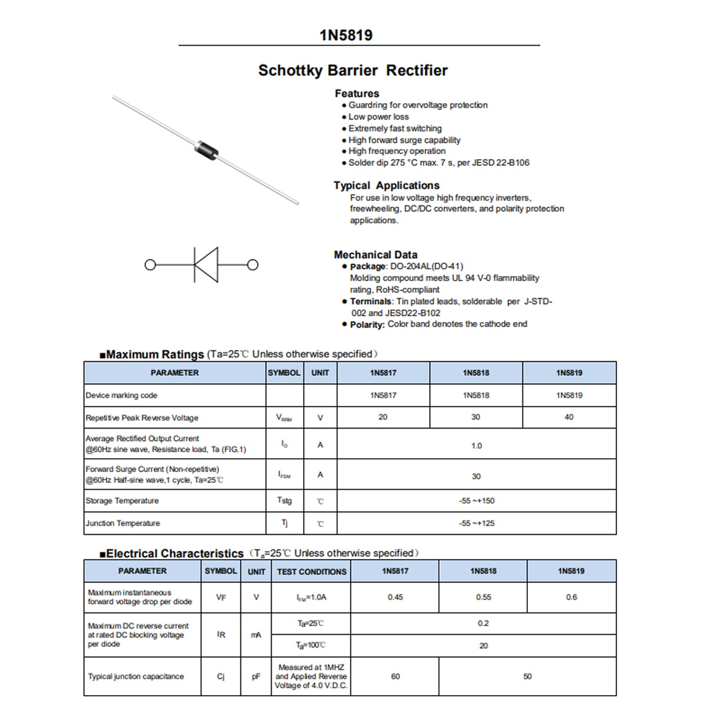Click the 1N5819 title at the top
coord(346,35)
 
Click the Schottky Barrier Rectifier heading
coord(353,71)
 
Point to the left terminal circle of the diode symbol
coord(150,265)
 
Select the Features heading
coord(357,94)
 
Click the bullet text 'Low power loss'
coord(378,117)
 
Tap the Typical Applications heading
coord(386,186)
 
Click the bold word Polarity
coord(367,325)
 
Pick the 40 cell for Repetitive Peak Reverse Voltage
coord(569,417)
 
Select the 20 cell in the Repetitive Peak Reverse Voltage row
coord(383,417)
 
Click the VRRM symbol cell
coord(284,418)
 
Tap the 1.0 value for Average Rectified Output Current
coord(476,446)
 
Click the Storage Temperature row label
coord(122,501)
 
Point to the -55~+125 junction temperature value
coord(476,523)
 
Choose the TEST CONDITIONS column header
coord(312,571)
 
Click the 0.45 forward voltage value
coord(395,597)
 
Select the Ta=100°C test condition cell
coord(311,646)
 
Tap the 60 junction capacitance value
coord(395,676)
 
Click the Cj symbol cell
coord(221,676)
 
